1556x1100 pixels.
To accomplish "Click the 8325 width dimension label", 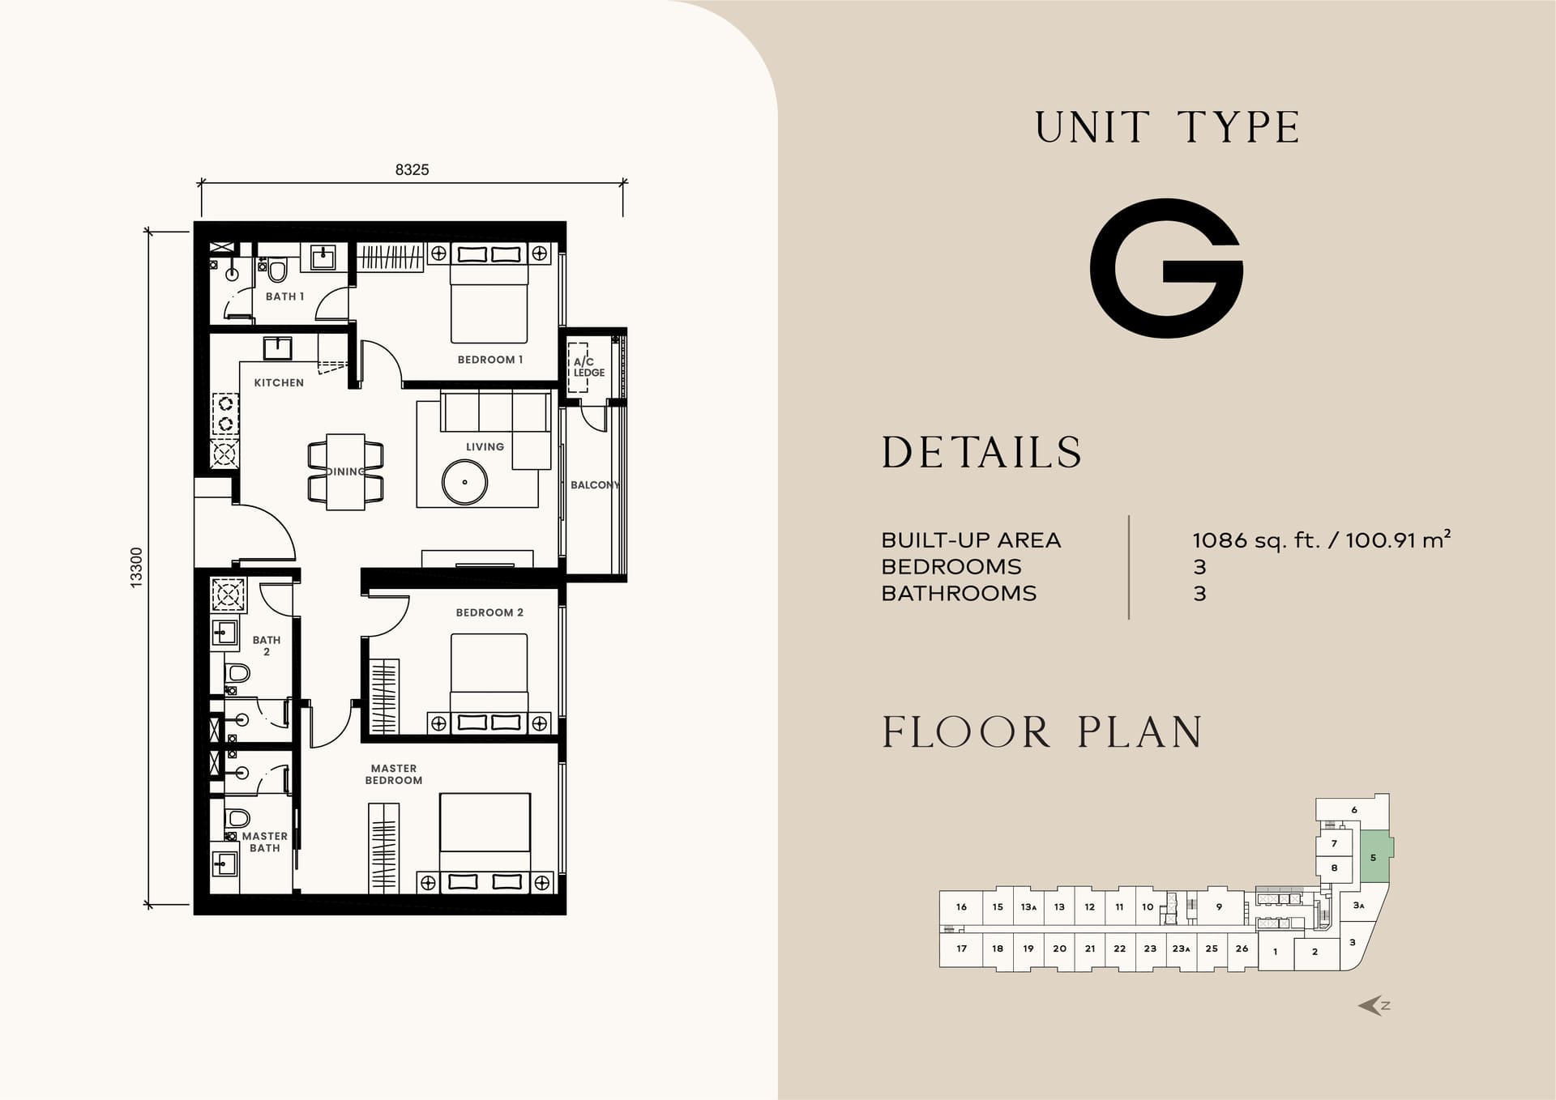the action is pos(412,169).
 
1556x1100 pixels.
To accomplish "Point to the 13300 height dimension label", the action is pos(136,567).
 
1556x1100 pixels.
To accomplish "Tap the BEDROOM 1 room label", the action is pos(489,360).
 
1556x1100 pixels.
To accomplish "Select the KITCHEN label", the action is pos(279,382).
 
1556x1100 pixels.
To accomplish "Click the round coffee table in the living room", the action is pos(464,482).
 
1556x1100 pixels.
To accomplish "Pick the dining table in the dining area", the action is pos(346,471).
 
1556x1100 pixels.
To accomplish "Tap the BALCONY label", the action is pos(595,485).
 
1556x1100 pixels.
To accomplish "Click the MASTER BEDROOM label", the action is pos(394,774).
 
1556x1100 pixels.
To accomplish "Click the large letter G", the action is pos(1166,268).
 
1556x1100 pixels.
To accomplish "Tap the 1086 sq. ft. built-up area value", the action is pos(1256,540).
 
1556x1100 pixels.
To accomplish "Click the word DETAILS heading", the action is pos(981,452).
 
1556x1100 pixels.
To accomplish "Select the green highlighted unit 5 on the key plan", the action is pos(1375,857).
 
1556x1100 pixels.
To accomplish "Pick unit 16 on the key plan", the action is pos(961,907).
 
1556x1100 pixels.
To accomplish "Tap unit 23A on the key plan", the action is pos(1181,949).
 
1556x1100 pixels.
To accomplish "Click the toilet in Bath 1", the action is pos(277,270).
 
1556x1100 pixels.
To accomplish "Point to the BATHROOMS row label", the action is pos(959,594).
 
